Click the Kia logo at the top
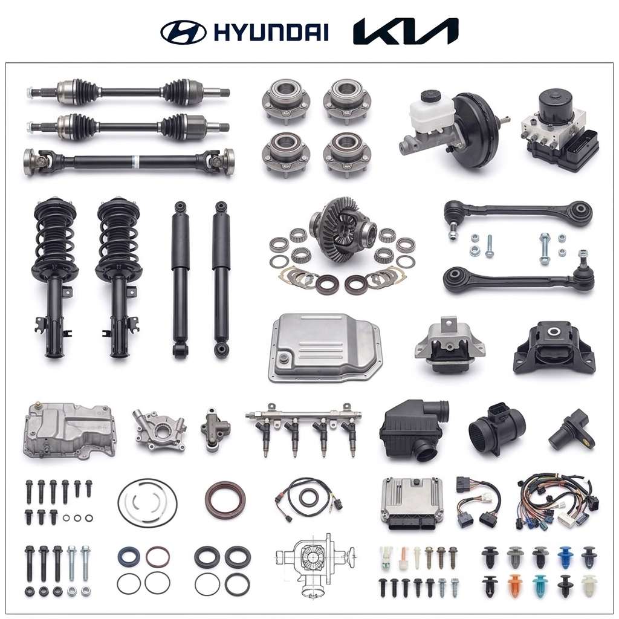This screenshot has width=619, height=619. tap(406, 31)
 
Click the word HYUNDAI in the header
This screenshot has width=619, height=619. tap(271, 31)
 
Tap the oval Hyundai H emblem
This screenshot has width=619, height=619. tap(183, 31)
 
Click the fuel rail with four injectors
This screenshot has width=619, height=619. tap(303, 429)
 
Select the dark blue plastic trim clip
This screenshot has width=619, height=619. tap(565, 557)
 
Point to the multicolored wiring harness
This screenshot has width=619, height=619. tap(558, 501)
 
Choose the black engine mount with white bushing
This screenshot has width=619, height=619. tap(554, 348)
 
